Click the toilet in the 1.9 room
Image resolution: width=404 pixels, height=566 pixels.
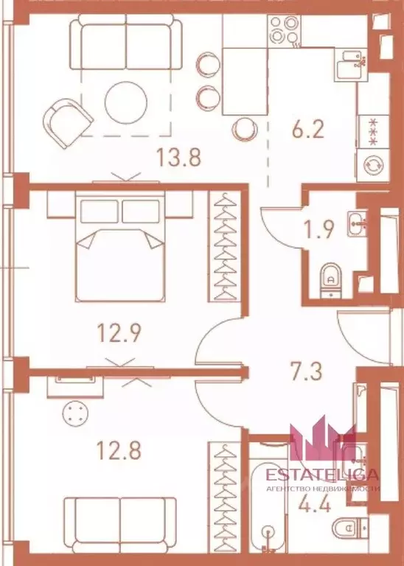point(330,277)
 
